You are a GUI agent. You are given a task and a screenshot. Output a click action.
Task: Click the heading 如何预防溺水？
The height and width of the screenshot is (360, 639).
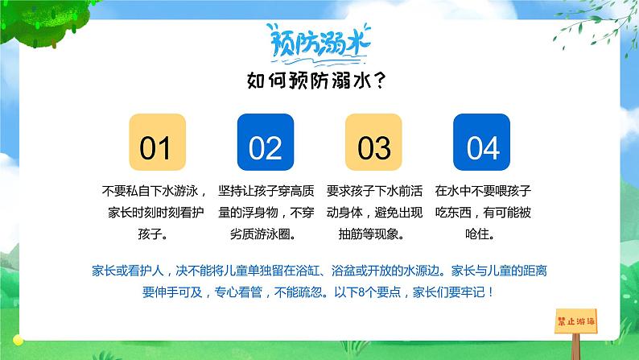pos(319,81)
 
